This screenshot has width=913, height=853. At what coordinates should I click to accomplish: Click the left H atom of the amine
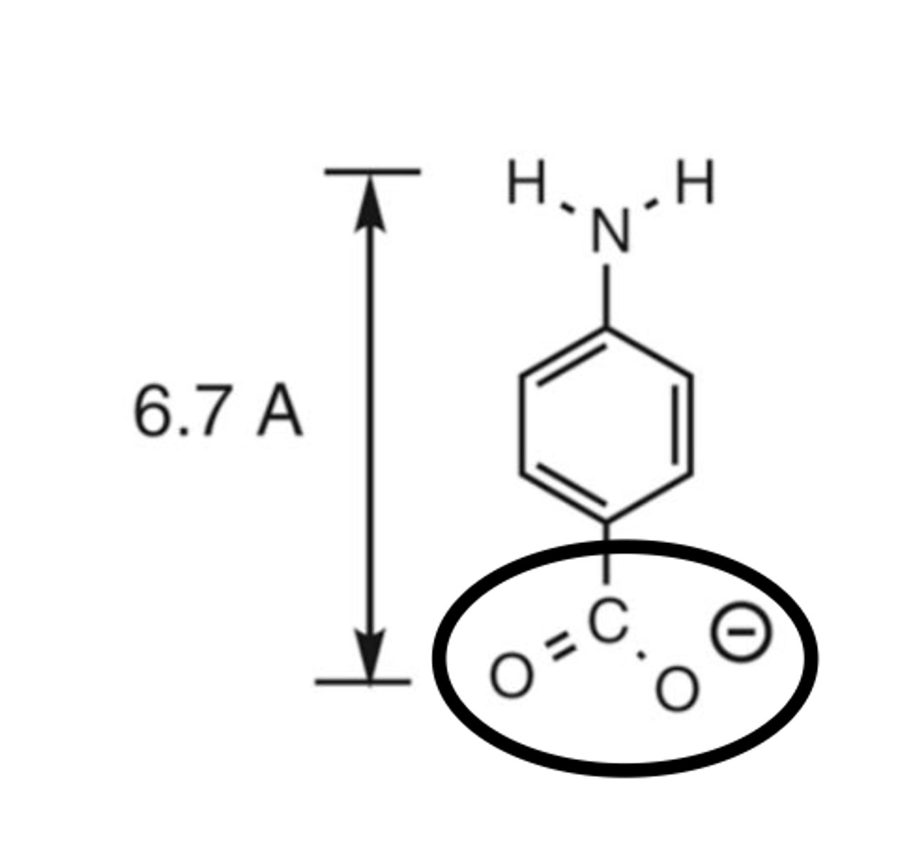[x=527, y=183]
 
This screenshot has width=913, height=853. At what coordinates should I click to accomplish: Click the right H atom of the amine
[x=694, y=183]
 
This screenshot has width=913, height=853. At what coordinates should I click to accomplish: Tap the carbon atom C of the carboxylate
[x=609, y=621]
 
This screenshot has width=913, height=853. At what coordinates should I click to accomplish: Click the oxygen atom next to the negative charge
[x=676, y=689]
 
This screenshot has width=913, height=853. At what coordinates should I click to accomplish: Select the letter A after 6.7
[x=279, y=412]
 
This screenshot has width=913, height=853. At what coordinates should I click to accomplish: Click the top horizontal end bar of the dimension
[x=372, y=171]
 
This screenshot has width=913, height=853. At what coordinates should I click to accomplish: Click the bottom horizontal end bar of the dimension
[x=363, y=681]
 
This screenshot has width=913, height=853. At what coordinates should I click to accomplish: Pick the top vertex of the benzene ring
[x=607, y=329]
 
